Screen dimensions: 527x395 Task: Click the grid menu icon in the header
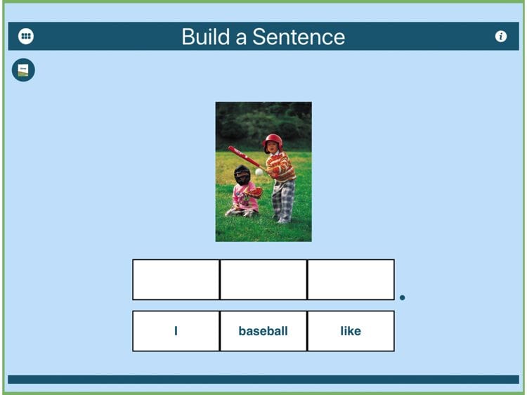26,36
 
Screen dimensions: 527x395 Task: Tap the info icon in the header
501,36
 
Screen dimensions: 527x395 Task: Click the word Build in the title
206,37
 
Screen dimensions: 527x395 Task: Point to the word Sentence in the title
299,37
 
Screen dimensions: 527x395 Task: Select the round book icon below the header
23,70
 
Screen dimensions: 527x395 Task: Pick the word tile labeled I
176,331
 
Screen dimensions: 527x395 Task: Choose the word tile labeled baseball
263,331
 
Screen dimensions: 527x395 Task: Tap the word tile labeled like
351,331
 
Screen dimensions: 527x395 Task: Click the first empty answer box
176,279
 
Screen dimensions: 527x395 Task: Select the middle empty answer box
263,279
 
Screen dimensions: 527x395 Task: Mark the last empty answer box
351,279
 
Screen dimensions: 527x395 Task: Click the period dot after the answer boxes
403,297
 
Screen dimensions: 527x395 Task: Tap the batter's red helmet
273,141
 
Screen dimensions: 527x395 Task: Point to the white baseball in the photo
259,172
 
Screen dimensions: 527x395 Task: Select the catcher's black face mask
242,175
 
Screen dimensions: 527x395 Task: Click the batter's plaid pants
284,201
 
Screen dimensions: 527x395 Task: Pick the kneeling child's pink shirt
244,197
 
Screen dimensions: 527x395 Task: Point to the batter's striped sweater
280,166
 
